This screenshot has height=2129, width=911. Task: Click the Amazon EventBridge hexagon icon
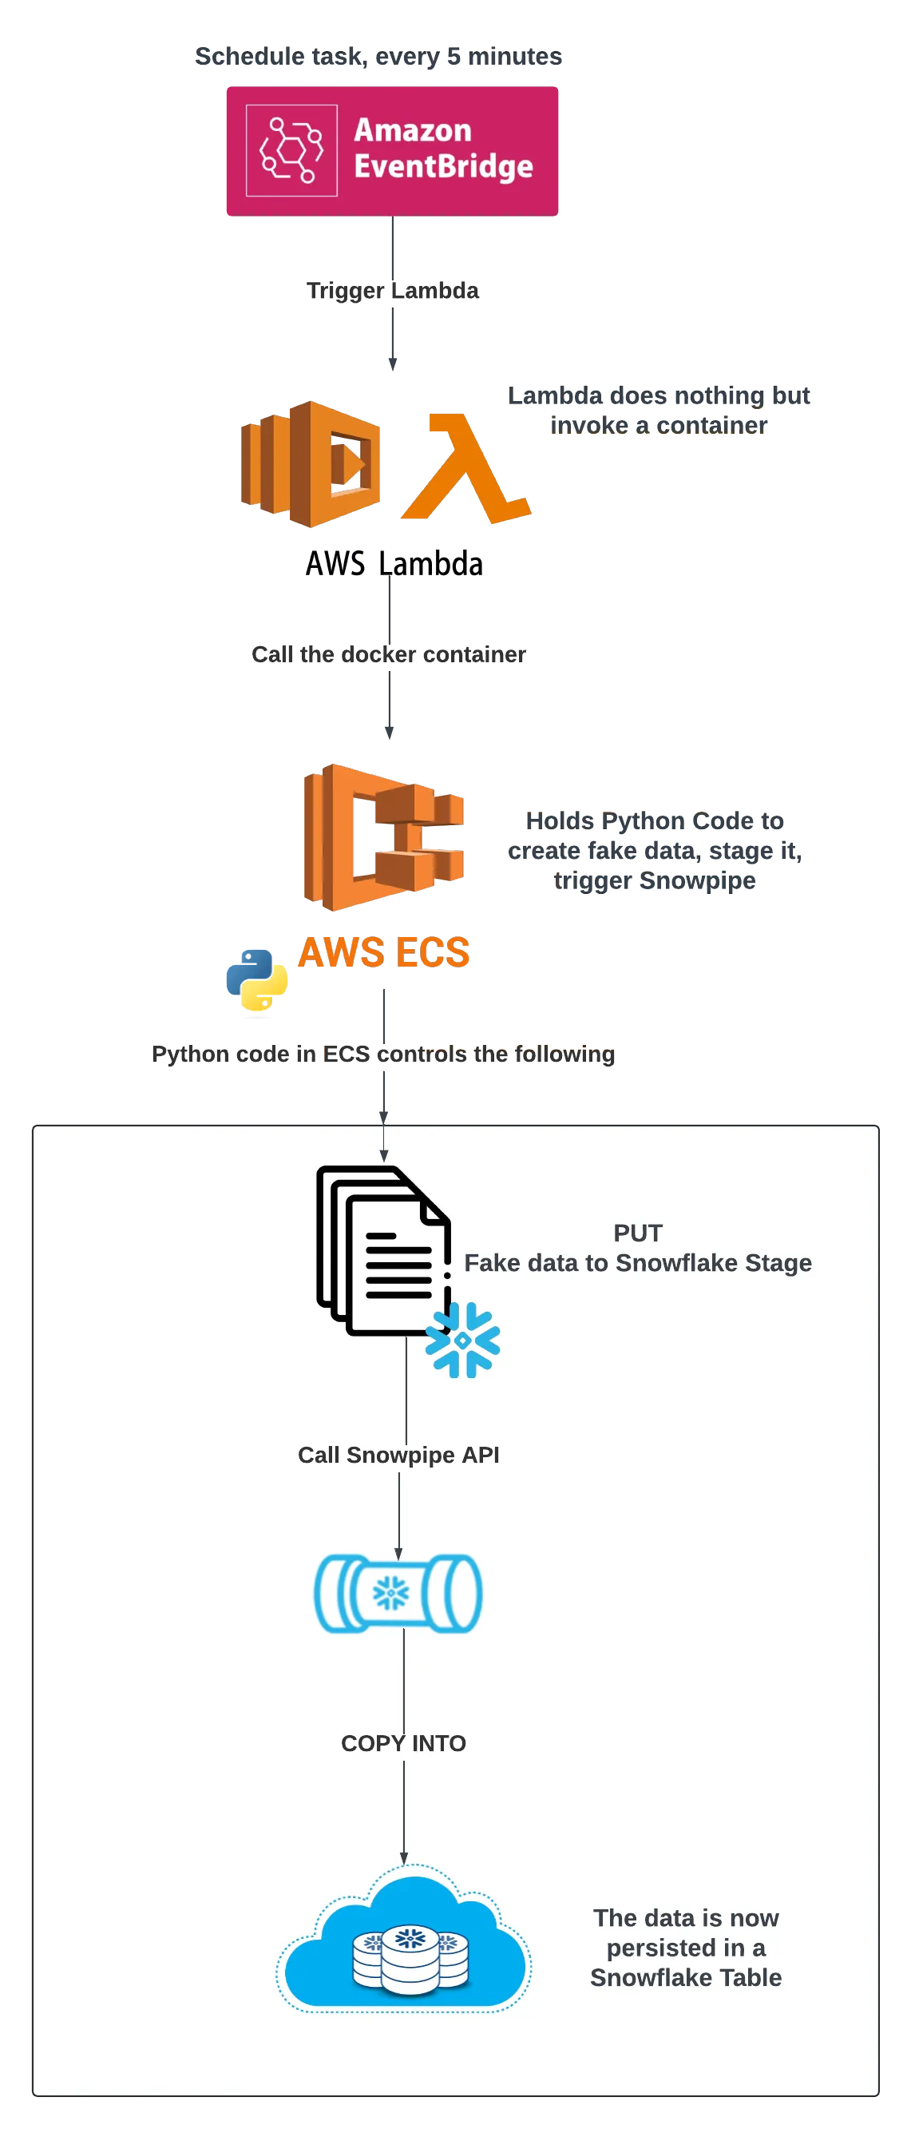pos(291,150)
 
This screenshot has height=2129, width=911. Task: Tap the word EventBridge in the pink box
pos(444,167)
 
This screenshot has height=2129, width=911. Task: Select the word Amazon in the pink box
pos(413,130)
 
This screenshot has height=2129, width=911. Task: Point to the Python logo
pos(257,980)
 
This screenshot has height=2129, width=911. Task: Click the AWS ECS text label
pos(384,952)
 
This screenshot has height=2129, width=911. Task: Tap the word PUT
pos(638,1233)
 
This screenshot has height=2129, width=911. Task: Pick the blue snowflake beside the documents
pos(462,1340)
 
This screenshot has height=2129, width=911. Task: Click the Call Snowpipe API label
pos(398,1455)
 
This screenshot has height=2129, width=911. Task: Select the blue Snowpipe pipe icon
pos(398,1594)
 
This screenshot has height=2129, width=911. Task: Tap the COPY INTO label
pos(403,1743)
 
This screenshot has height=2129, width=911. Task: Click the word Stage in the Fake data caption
pos(778,1263)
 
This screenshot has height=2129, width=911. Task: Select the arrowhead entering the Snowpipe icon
pos(398,1554)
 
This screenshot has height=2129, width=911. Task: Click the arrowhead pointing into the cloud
pos(404,1859)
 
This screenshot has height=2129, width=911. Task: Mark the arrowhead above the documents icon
pos(383,1155)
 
